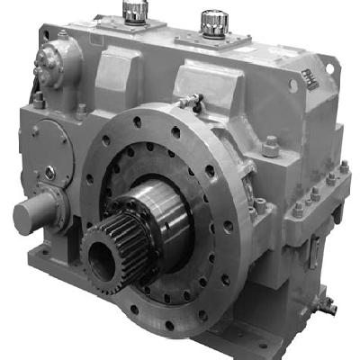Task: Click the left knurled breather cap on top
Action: (134, 11)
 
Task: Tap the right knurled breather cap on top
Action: (214, 19)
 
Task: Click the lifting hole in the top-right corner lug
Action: (293, 85)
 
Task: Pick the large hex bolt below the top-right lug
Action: (271, 145)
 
